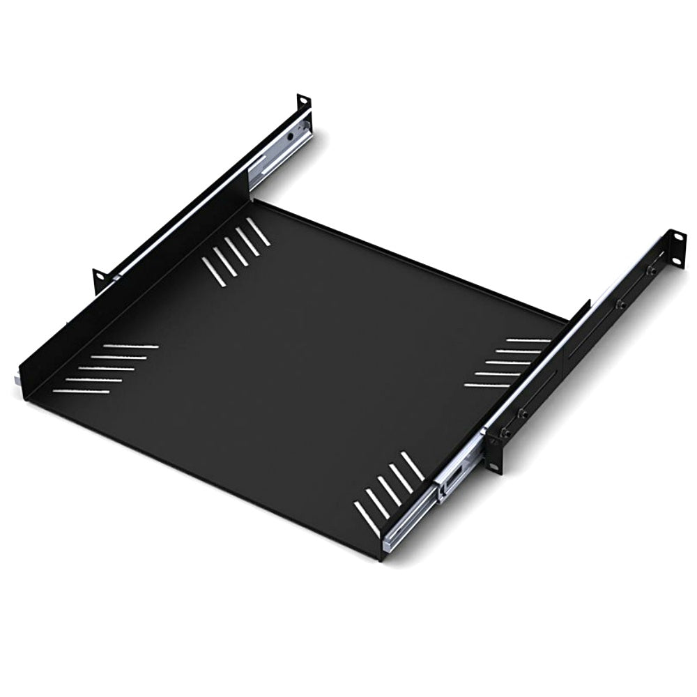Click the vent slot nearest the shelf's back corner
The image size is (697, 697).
point(259,232)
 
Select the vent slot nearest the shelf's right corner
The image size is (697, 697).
point(529,340)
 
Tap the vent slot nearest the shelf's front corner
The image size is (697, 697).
point(367,519)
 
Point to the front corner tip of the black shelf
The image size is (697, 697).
point(381,558)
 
